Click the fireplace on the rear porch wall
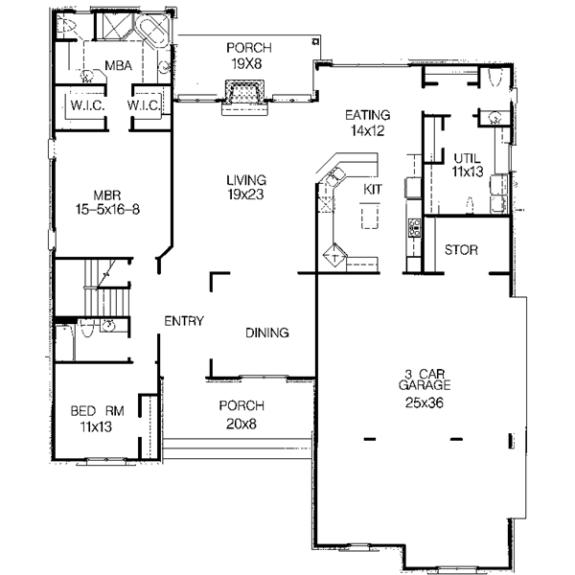point(242,94)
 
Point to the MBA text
point(118,65)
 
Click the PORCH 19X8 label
point(248,55)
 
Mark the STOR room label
point(461,251)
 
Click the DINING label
point(267,333)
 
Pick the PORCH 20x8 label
point(241,413)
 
